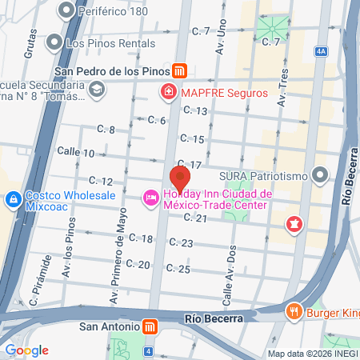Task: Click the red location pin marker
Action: pyautogui.click(x=181, y=178)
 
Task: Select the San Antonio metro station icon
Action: pyautogui.click(x=149, y=327)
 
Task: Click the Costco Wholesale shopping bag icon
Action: pyautogui.click(x=14, y=199)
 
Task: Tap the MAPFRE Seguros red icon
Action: pyautogui.click(x=169, y=93)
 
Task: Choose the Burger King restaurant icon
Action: pyautogui.click(x=295, y=311)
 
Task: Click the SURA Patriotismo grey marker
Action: pyautogui.click(x=321, y=174)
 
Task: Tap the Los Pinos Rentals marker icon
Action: pyautogui.click(x=55, y=41)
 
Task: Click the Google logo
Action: pyautogui.click(x=26, y=350)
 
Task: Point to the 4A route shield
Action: pyautogui.click(x=322, y=51)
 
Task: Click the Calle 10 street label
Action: pyautogui.click(x=76, y=153)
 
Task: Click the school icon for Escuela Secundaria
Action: pyautogui.click(x=96, y=90)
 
